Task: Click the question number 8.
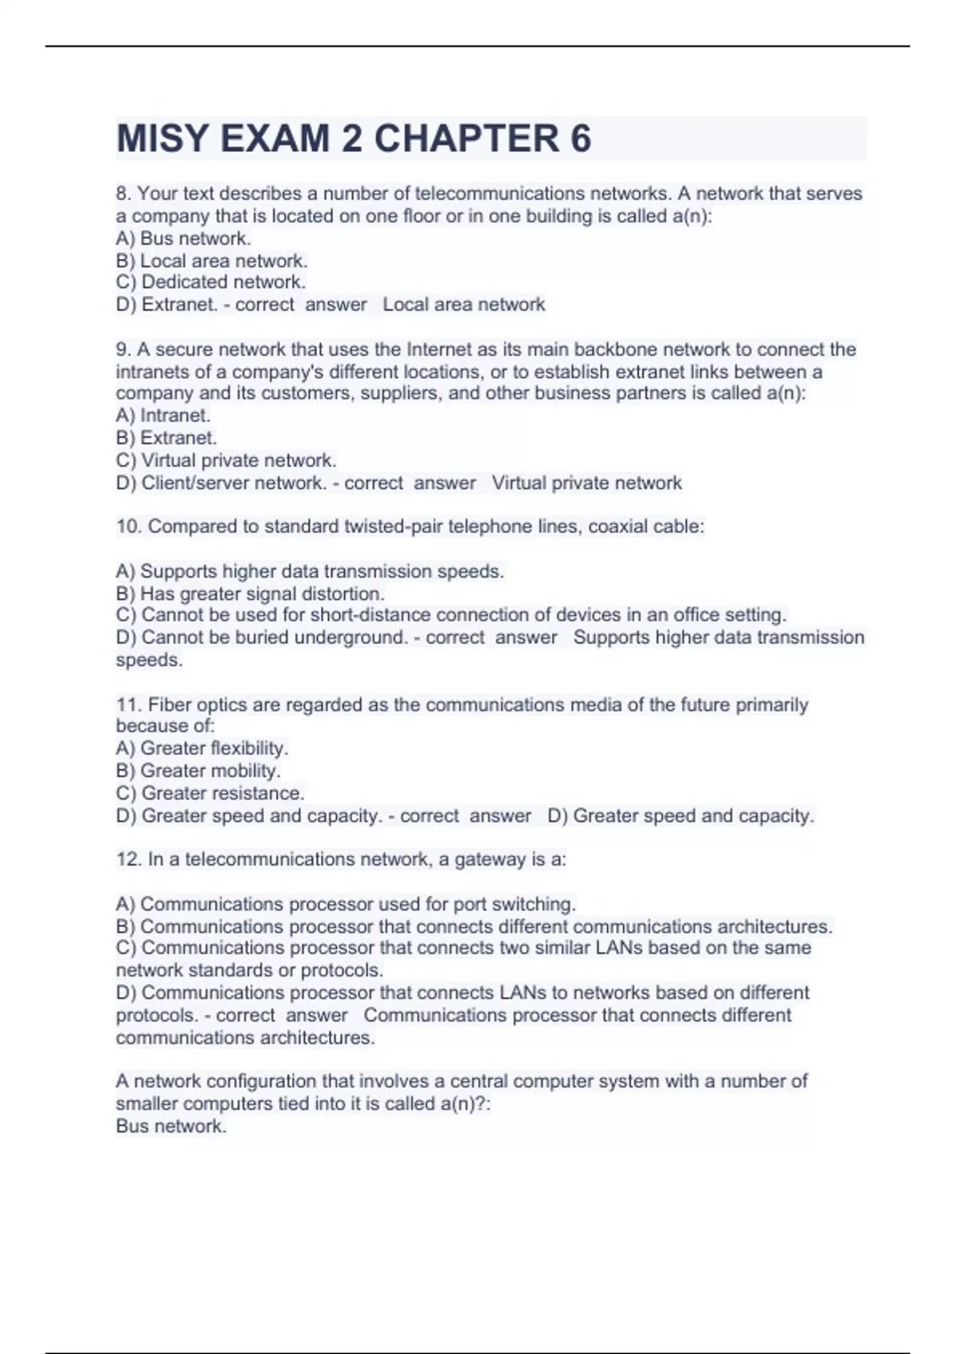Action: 123,194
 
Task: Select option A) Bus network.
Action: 183,238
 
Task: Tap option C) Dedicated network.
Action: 210,282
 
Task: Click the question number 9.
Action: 123,350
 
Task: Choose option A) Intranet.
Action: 163,415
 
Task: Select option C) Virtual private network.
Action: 226,460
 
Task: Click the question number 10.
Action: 127,526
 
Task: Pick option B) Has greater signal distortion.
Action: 250,593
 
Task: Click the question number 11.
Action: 127,705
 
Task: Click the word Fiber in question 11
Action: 170,705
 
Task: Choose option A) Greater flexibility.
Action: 202,748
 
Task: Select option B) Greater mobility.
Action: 198,770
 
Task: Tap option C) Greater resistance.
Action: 210,793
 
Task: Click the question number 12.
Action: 127,859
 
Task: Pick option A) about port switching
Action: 346,904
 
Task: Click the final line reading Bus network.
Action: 171,1126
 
